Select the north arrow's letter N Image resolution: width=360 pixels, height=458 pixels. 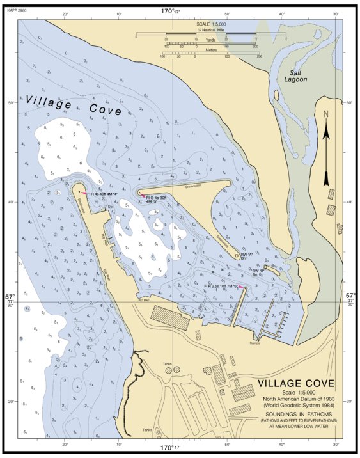[326, 115]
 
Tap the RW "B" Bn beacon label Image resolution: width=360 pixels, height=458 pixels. [258, 272]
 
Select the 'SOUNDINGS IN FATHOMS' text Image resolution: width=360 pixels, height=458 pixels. [295, 414]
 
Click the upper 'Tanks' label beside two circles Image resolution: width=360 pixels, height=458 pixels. [168, 363]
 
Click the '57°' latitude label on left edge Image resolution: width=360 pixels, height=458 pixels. [10, 297]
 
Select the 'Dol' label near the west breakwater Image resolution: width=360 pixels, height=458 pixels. [110, 207]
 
